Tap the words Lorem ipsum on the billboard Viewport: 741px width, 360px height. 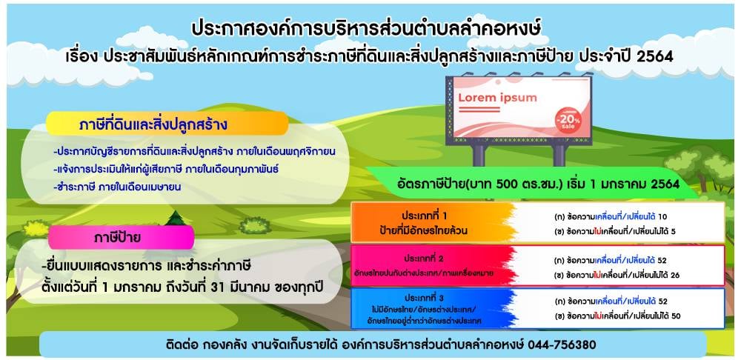tap(498, 99)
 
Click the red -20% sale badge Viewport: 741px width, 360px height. tap(568, 119)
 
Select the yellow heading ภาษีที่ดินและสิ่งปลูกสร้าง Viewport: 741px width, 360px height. tap(153, 125)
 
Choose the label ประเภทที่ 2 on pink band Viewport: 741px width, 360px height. tap(424, 259)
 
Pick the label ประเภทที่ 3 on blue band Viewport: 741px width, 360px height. tap(424, 298)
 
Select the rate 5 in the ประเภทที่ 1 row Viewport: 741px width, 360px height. tap(673, 232)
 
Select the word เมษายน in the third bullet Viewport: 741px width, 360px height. tap(165, 187)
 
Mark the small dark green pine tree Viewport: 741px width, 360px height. tap(176, 219)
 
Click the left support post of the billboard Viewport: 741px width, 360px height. tap(478, 155)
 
